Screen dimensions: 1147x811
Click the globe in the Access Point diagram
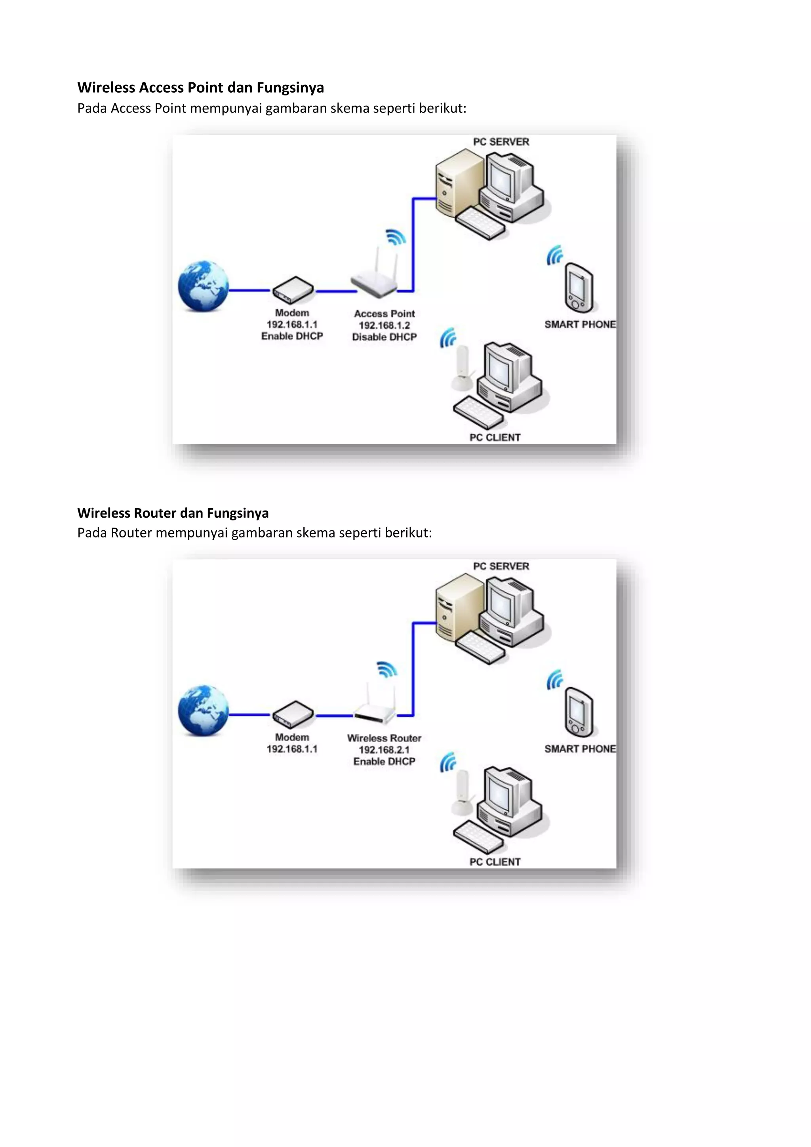coord(203,286)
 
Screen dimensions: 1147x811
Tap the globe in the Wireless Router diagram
coord(203,711)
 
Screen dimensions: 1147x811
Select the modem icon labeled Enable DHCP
coord(293,290)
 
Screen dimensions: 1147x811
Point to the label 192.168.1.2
coord(384,325)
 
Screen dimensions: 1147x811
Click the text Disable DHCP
coord(384,337)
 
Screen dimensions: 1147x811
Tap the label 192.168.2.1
coord(384,750)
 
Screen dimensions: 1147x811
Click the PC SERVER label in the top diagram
coord(501,142)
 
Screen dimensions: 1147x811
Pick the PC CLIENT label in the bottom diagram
coord(495,862)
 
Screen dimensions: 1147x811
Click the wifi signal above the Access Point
coord(396,237)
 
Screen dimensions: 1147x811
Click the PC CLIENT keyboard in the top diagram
coord(478,412)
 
